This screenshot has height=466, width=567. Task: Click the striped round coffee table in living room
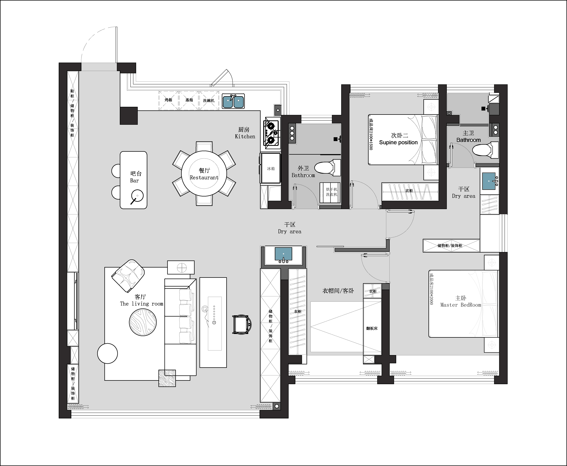tap(143, 322)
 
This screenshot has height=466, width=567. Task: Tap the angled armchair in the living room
tap(128, 276)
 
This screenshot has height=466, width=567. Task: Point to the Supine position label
tap(398, 143)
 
